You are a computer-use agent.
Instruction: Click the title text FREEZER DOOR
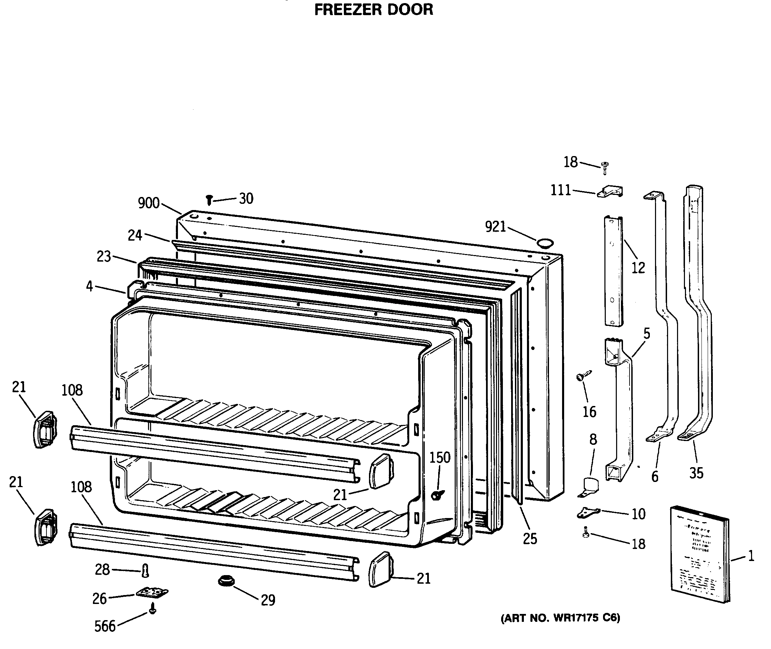[373, 10]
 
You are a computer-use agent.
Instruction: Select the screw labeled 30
[209, 200]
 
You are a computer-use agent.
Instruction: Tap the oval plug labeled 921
[545, 243]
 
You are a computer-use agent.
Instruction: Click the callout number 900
[148, 203]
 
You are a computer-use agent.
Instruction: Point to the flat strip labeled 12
[613, 271]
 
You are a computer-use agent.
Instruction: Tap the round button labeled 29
[226, 581]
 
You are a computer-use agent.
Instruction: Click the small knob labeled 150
[437, 495]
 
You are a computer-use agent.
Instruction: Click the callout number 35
[696, 473]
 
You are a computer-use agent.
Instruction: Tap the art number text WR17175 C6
[560, 618]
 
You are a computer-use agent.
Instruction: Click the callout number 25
[530, 539]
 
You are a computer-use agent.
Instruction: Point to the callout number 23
[104, 256]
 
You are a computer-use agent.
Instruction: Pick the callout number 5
[647, 333]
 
